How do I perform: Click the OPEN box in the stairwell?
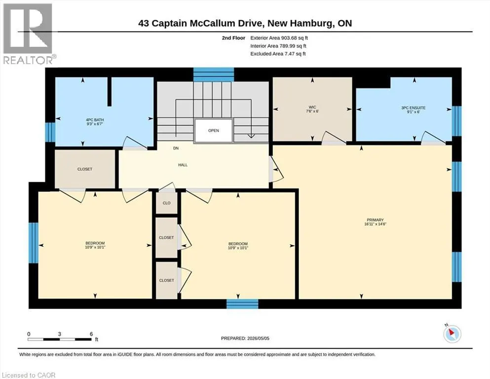[x=214, y=131]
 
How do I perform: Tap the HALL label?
[x=183, y=165]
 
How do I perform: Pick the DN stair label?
[x=176, y=149]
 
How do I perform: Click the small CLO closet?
[x=167, y=203]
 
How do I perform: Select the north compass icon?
[x=452, y=333]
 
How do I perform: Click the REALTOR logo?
[x=29, y=34]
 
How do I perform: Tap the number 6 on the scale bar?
[x=91, y=334]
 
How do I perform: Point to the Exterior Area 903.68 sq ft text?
[x=279, y=38]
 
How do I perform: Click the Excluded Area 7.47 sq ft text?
[x=278, y=54]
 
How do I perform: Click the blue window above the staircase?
[x=214, y=75]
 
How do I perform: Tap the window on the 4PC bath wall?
[x=50, y=132]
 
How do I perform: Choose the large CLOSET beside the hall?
[x=85, y=169]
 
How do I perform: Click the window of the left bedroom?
[x=34, y=242]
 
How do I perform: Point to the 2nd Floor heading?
[x=233, y=38]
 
